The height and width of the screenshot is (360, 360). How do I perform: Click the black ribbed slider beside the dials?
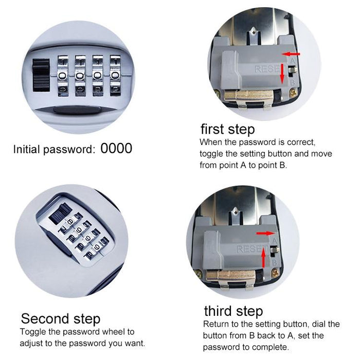pos(41,75)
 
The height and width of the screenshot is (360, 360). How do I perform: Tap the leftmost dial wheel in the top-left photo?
pos(63,75)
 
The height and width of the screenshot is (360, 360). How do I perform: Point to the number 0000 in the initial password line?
pos(116,149)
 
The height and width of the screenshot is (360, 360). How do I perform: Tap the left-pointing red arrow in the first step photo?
pos(294,53)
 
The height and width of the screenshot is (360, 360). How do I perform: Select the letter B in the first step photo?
pos(293,81)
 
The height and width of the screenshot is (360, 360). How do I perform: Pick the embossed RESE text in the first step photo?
pos(266,68)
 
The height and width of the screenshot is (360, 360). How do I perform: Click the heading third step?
pos(233,311)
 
